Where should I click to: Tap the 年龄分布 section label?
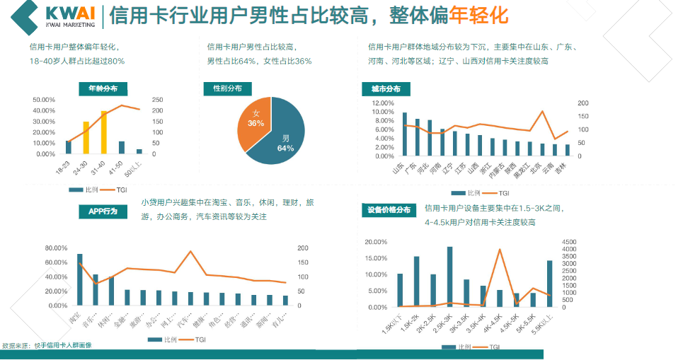tap(103, 88)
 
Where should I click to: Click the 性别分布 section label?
tap(227, 88)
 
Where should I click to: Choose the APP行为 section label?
tap(103, 211)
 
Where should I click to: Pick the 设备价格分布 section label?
tap(389, 210)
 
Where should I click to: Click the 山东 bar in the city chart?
tap(405, 134)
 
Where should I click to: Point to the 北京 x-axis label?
tap(538, 168)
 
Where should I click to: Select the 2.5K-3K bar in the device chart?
tap(449, 277)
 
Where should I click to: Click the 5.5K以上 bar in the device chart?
tap(549, 284)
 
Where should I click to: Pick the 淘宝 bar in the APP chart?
tap(79, 279)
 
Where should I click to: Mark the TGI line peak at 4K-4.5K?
tap(500, 250)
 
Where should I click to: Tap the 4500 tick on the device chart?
tap(570, 242)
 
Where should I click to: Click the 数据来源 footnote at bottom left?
tap(47, 345)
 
